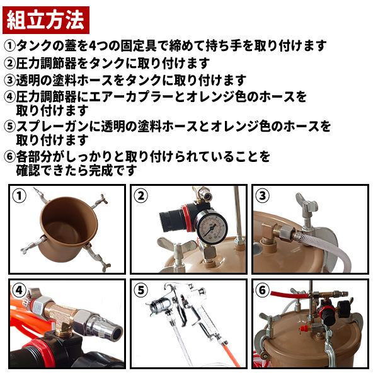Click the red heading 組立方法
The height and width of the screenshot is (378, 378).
[x=46, y=20]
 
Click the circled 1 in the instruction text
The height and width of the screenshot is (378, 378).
[x=10, y=46]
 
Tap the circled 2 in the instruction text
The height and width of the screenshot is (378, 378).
[x=10, y=63]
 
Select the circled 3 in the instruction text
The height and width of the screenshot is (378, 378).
[x=10, y=80]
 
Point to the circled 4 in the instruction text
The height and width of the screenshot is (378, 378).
[x=10, y=96]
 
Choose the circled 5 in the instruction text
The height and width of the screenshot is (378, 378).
[x=10, y=126]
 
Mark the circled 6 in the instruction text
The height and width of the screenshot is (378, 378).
[x=10, y=156]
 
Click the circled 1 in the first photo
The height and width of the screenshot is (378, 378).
[x=20, y=196]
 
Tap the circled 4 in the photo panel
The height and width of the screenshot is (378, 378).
[x=19, y=290]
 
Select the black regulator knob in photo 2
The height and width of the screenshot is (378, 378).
[x=171, y=219]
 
